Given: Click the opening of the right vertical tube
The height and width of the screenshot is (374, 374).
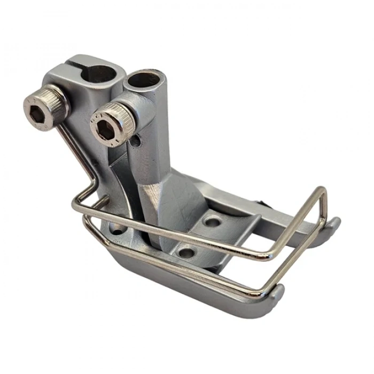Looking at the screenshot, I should [x=143, y=80].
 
